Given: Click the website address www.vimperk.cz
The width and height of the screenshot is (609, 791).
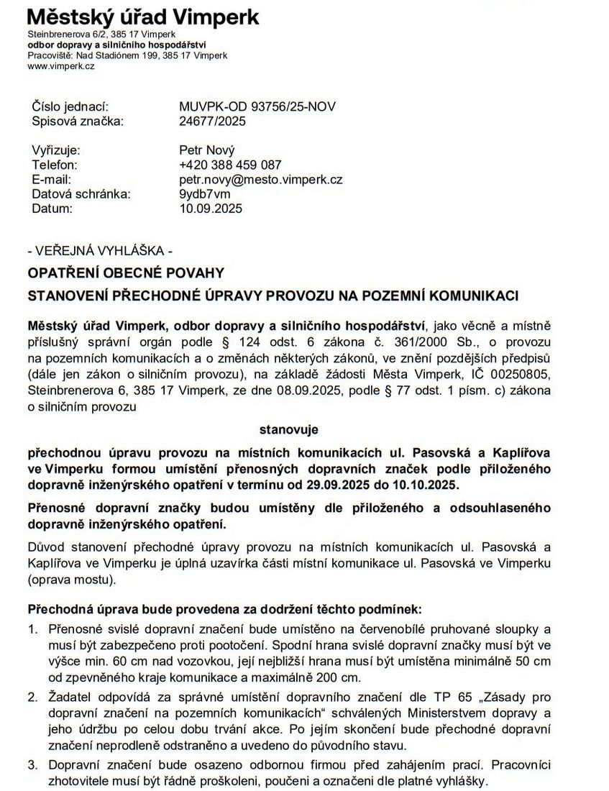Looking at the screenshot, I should tap(60, 66).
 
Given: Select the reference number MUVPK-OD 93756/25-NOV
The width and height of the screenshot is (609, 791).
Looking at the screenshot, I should tap(257, 107).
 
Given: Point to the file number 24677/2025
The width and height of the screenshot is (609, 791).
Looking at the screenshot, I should tap(212, 122).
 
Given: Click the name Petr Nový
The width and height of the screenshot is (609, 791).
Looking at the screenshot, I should tap(207, 151).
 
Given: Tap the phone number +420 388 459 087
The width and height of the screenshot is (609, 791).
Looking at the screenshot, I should tap(230, 165).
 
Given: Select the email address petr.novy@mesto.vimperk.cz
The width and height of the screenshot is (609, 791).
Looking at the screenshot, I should tap(260, 180).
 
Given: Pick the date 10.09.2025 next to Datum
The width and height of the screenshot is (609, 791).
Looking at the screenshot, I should tap(211, 209).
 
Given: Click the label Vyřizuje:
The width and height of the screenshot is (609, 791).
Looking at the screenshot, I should tap(56, 151).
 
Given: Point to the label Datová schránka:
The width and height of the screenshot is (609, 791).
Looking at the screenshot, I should tap(81, 194).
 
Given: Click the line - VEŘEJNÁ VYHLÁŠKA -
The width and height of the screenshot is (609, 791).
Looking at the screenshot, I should tap(99, 252).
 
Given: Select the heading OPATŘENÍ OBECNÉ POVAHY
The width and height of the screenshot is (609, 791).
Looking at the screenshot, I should tap(126, 273).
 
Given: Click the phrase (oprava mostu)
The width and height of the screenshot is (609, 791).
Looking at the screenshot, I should tap(70, 578).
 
